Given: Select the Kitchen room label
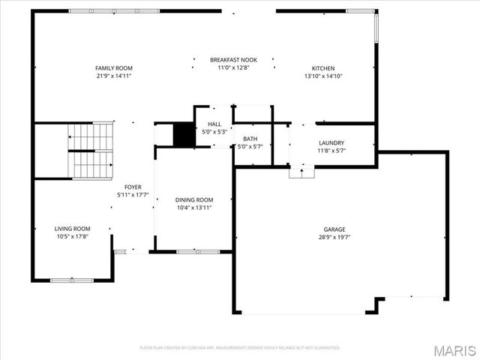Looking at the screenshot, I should (323, 68).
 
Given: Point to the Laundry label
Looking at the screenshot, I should (331, 142).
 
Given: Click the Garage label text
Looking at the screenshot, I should (334, 229).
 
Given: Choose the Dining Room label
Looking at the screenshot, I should (194, 199).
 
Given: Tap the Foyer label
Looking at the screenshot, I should (133, 187).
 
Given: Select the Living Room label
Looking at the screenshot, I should (72, 229).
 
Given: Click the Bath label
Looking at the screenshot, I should (250, 139).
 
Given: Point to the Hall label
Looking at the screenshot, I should (214, 124).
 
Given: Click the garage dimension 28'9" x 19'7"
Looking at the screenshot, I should (334, 237).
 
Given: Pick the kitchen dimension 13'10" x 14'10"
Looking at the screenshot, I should (323, 76).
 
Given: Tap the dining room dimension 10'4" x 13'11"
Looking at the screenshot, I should (194, 207).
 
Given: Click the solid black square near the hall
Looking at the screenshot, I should (184, 134).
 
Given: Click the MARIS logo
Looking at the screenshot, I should (454, 350).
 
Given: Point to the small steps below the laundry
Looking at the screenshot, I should (301, 172).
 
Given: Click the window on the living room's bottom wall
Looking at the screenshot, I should (72, 280).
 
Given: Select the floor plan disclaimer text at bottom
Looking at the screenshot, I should (240, 348).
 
